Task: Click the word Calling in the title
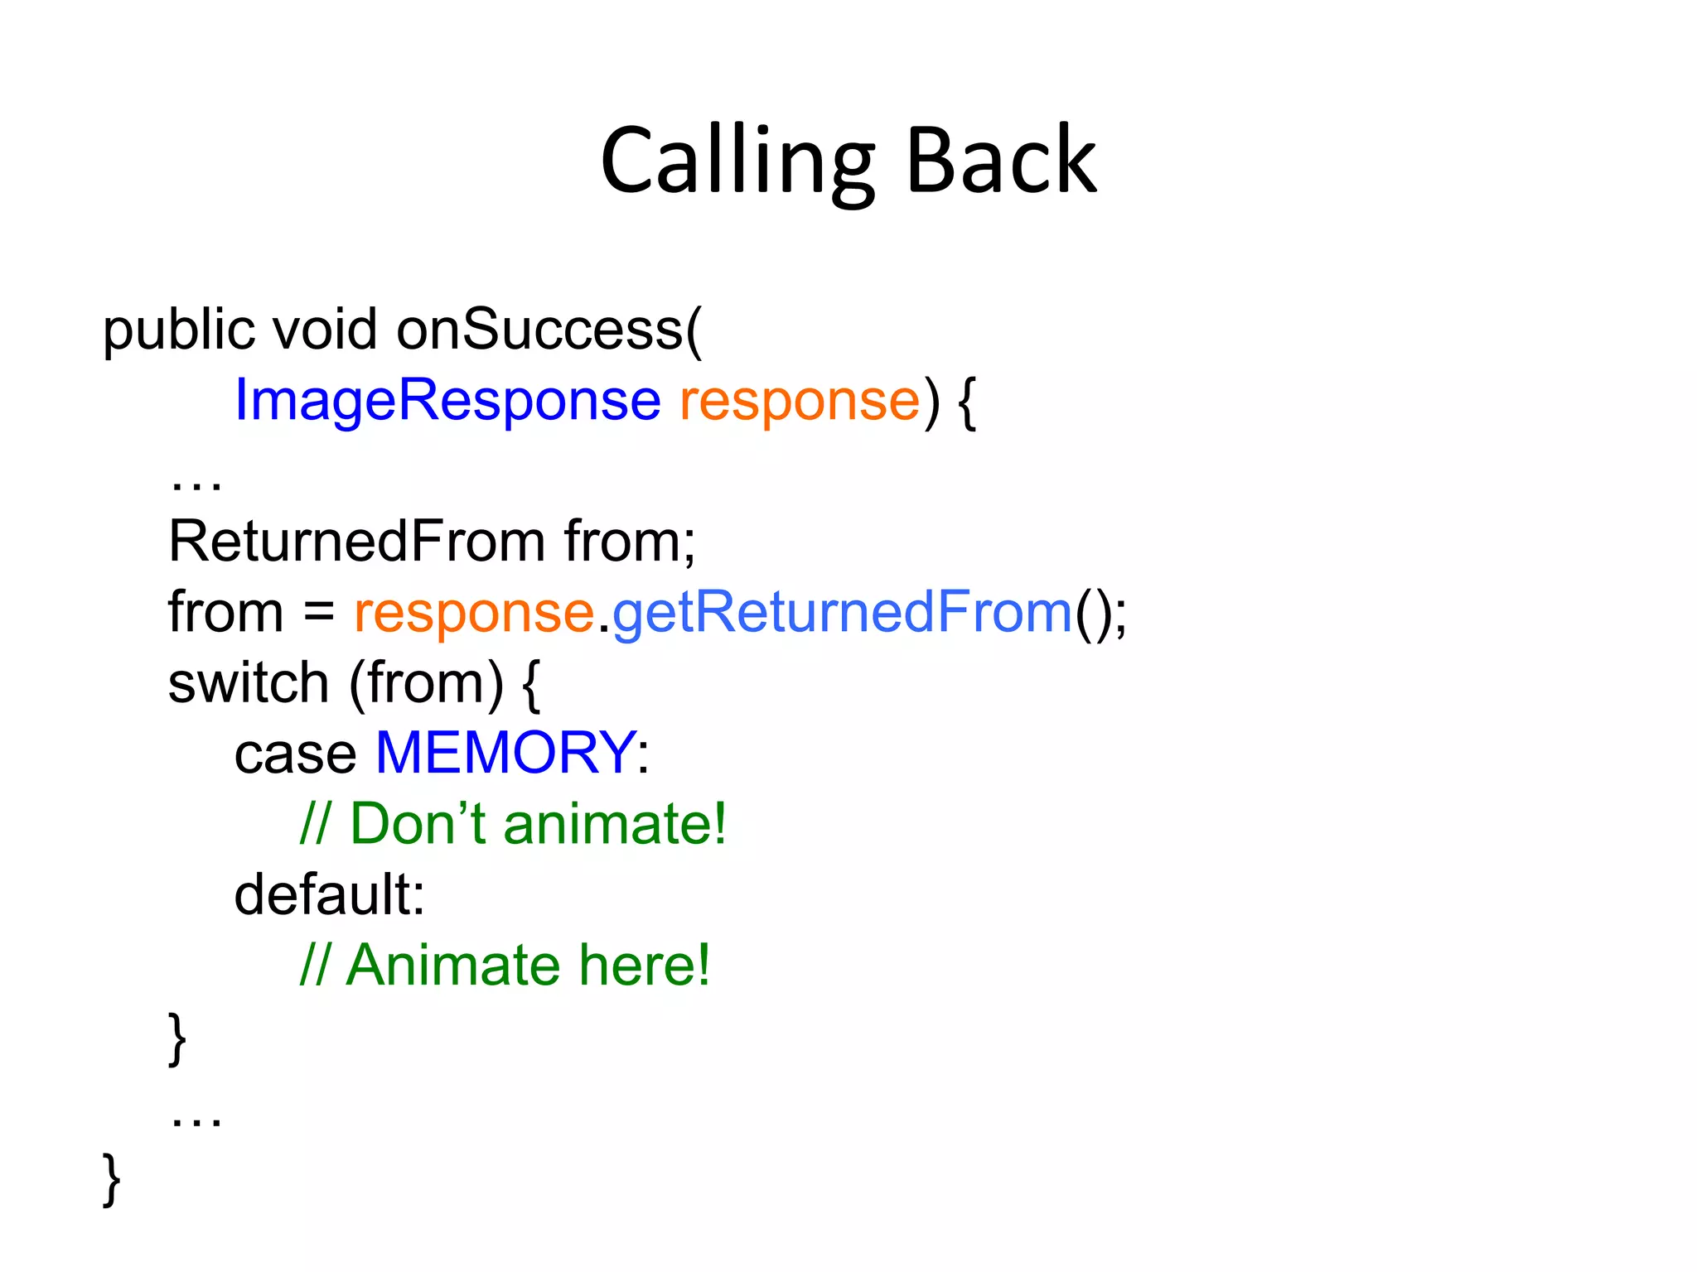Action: [x=737, y=161]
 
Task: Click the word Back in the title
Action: [x=1001, y=161]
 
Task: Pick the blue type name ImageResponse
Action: [x=447, y=401]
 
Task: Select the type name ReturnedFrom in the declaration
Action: [x=357, y=542]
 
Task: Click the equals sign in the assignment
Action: [x=318, y=614]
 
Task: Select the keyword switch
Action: [x=249, y=684]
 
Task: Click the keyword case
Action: [x=295, y=754]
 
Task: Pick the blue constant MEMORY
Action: [x=505, y=753]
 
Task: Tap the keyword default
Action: [x=329, y=895]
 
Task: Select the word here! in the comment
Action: [x=644, y=966]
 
